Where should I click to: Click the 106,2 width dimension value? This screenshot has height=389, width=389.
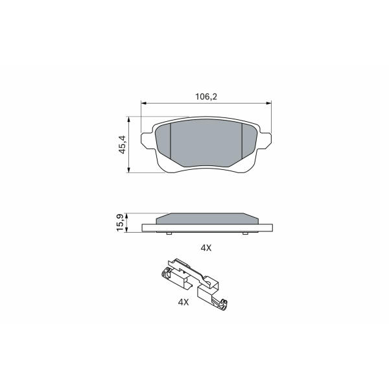(206, 97)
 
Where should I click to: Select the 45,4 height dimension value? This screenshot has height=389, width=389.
(123, 145)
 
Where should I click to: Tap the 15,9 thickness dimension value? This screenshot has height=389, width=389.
(120, 223)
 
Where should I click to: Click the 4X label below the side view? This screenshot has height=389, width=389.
(206, 248)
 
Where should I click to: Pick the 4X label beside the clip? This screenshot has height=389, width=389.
(183, 302)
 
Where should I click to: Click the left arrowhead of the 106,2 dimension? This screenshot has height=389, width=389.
(144, 103)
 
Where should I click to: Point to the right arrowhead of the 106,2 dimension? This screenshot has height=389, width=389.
(268, 103)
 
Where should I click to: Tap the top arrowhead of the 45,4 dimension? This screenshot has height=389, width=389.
(128, 119)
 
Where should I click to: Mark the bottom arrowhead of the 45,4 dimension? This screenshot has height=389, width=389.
(128, 170)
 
